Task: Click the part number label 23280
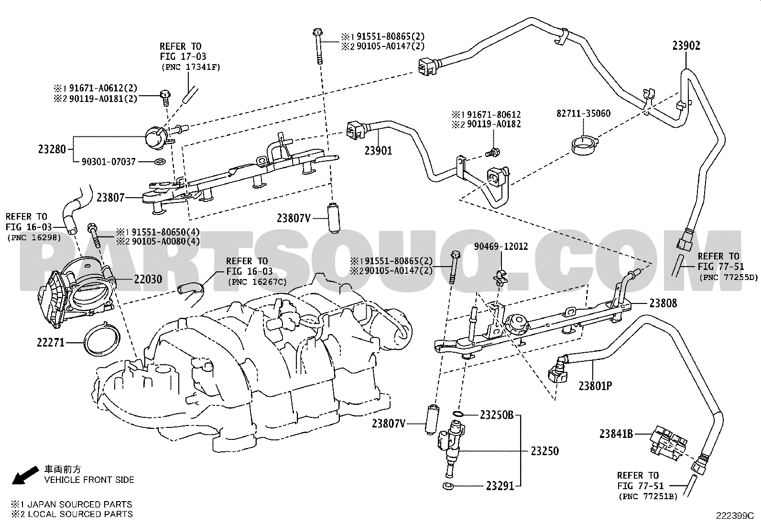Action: (x=52, y=149)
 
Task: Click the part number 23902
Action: (x=686, y=45)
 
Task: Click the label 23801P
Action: (x=595, y=386)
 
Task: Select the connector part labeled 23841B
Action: (x=668, y=442)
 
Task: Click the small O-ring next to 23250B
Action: (x=458, y=414)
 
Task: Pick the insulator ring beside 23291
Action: (x=448, y=486)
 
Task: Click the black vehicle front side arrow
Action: (x=25, y=475)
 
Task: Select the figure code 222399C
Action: (x=735, y=516)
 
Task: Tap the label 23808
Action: (x=663, y=303)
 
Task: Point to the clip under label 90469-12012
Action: (x=500, y=276)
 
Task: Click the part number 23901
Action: (x=378, y=150)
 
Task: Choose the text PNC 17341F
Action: (x=191, y=67)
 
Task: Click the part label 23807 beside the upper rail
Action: (x=111, y=197)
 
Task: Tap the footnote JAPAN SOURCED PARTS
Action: (x=79, y=504)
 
